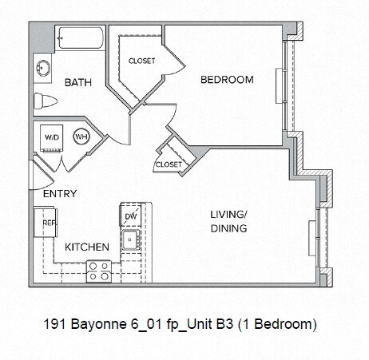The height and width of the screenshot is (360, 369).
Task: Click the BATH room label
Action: (78, 81)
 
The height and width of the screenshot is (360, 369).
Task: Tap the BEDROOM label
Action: (227, 80)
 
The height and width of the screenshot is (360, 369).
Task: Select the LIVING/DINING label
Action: (228, 221)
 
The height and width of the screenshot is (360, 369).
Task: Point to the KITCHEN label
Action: (87, 247)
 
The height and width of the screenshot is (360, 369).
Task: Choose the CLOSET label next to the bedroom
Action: (142, 61)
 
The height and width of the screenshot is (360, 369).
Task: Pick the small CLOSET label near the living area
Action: (169, 164)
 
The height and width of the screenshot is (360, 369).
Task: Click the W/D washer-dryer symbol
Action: (52, 138)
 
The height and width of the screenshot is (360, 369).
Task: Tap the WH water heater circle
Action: (81, 136)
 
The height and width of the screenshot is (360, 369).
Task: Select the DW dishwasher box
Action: (130, 216)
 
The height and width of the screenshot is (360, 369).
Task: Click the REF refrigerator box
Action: (48, 224)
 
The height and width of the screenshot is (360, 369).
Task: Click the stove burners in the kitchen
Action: (98, 271)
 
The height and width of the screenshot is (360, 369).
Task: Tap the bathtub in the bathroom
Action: (80, 38)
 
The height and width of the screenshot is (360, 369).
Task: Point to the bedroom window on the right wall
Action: (279, 89)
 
